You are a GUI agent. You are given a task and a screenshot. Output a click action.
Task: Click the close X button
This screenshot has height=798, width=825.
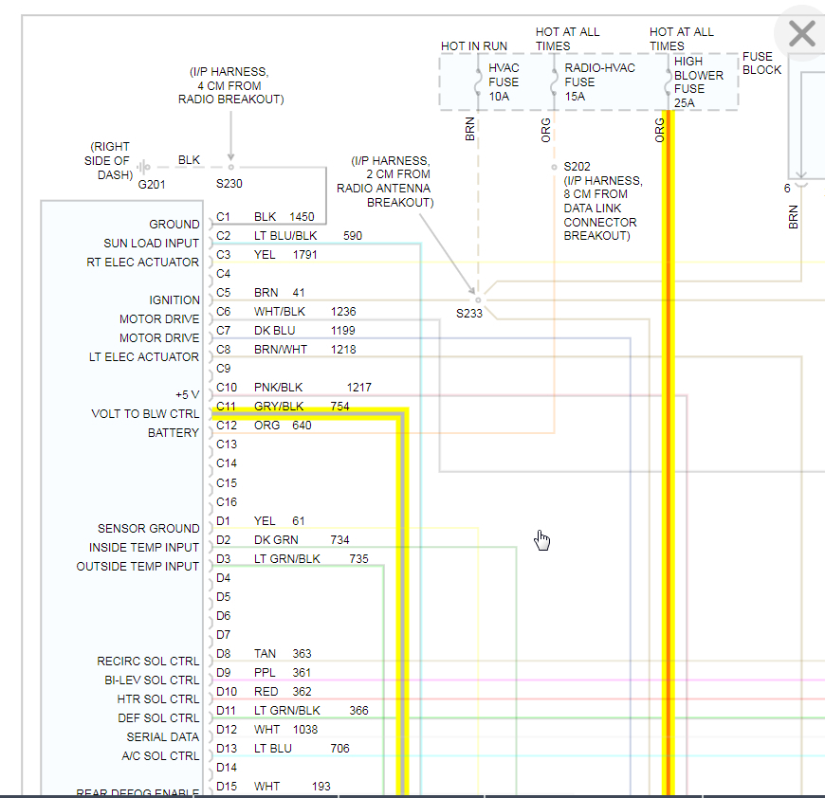(801, 35)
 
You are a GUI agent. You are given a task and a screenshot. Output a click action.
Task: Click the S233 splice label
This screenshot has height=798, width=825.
(469, 313)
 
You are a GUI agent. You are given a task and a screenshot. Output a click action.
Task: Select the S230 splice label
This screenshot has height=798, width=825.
(229, 184)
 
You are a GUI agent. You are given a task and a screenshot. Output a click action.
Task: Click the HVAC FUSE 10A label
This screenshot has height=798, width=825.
(504, 82)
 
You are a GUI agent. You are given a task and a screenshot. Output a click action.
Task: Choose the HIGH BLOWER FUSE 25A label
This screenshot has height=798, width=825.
(699, 82)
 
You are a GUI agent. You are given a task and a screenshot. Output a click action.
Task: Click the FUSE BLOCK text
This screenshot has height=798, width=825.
(762, 63)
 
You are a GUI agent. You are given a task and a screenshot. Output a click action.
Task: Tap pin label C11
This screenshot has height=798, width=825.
(226, 407)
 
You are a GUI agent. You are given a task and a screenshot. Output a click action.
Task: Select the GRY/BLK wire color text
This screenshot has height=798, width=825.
(279, 407)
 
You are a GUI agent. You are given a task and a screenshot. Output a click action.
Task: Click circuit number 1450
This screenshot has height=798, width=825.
(302, 217)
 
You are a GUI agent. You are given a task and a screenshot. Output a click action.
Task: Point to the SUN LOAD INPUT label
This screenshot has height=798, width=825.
(152, 244)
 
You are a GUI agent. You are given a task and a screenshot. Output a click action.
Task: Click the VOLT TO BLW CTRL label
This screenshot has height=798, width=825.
(145, 414)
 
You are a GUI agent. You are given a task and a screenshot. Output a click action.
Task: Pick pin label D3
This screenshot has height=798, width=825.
(224, 559)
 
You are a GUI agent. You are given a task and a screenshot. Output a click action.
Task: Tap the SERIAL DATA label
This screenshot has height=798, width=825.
(163, 737)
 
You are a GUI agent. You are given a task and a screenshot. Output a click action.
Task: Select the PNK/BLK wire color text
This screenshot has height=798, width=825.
(279, 388)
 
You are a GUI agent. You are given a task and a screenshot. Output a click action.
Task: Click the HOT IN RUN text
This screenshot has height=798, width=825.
(474, 46)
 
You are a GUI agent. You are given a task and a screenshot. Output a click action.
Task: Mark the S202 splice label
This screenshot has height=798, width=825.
(577, 165)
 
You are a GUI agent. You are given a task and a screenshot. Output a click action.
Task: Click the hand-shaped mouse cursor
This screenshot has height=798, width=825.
(542, 540)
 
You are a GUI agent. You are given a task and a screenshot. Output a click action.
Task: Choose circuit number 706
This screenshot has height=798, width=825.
(339, 749)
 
